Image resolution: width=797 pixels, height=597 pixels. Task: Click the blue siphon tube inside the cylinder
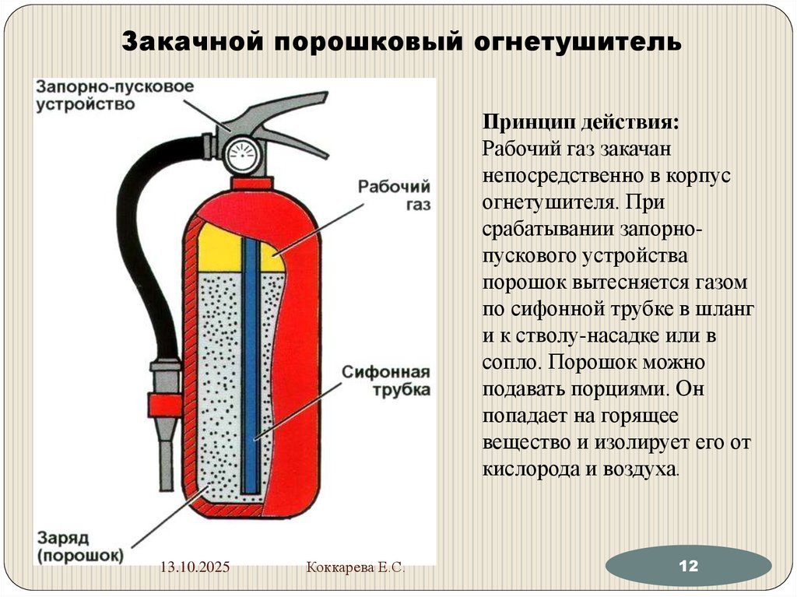coord(251,366)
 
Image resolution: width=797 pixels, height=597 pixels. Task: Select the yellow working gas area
coord(219,247)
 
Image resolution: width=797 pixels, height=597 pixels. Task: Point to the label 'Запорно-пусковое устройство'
coord(112,96)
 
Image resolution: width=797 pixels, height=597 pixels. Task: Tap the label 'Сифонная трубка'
coord(387,380)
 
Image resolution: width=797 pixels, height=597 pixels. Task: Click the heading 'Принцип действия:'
coord(580,123)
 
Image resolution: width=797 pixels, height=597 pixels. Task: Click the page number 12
coord(688,566)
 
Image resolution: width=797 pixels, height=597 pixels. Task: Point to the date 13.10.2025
coord(195,569)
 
